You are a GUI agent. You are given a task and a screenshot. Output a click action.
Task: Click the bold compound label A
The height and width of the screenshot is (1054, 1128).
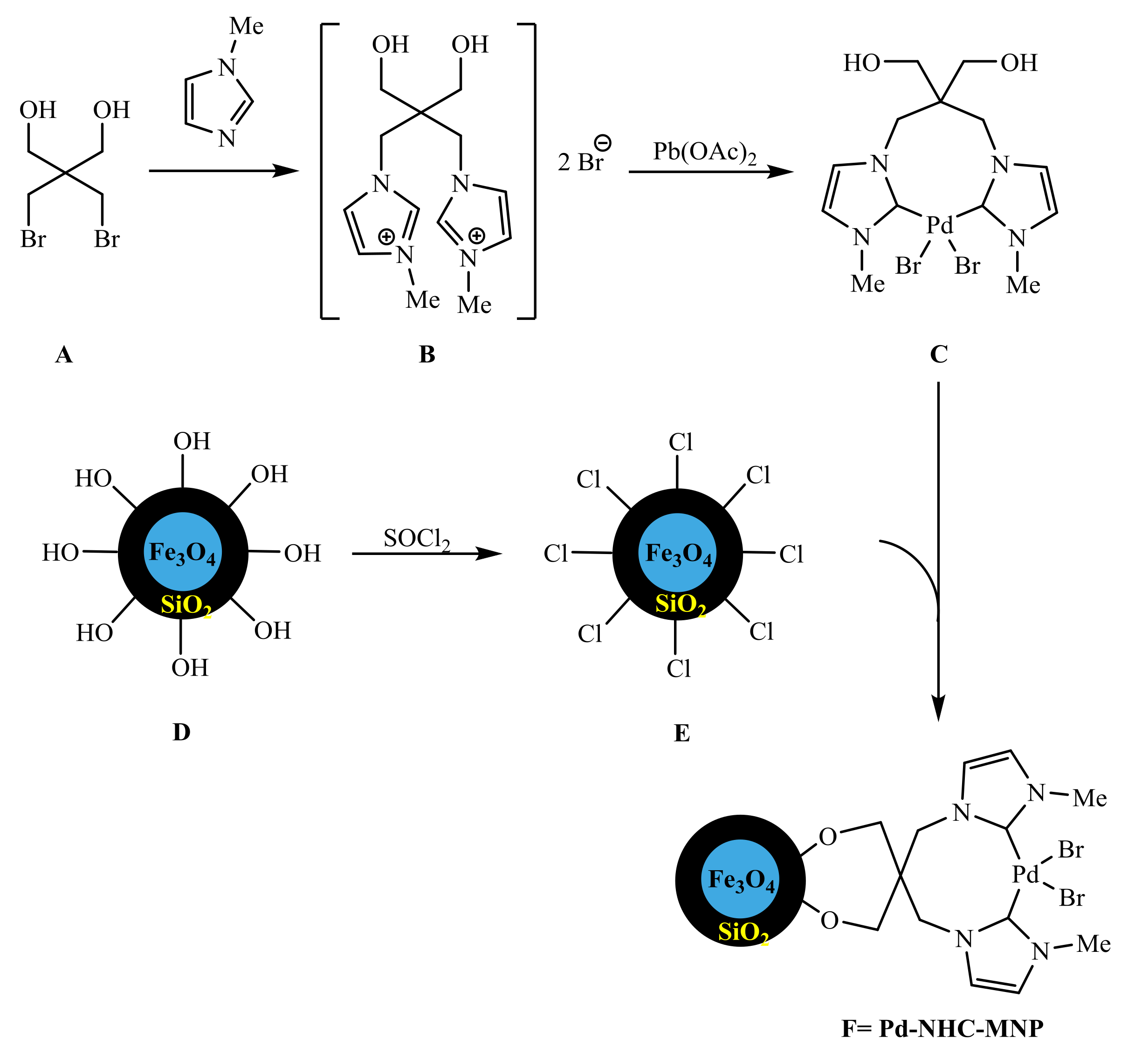64,355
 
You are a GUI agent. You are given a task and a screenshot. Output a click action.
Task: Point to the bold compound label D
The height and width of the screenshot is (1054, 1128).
182,732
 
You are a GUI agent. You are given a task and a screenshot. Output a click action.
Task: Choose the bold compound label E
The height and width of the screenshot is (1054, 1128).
681,733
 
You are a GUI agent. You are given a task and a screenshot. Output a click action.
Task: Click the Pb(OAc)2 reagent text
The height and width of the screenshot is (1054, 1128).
704,152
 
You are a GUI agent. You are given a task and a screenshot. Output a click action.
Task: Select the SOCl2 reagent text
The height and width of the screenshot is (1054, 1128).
417,538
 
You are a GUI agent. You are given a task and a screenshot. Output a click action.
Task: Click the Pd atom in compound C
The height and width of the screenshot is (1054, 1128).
940,225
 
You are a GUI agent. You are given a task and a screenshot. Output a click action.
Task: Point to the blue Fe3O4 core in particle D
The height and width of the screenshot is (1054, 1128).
183,552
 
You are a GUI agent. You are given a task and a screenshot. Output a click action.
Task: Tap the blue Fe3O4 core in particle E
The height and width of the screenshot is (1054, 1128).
677,552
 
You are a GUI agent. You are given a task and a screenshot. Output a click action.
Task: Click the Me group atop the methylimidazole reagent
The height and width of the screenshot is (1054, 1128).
246,26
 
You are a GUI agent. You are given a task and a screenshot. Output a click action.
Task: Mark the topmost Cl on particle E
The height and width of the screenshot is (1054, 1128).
681,442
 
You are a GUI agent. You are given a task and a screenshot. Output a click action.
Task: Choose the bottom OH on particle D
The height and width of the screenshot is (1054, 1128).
190,668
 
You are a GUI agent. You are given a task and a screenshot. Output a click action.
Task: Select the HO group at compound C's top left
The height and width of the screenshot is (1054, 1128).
861,63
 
